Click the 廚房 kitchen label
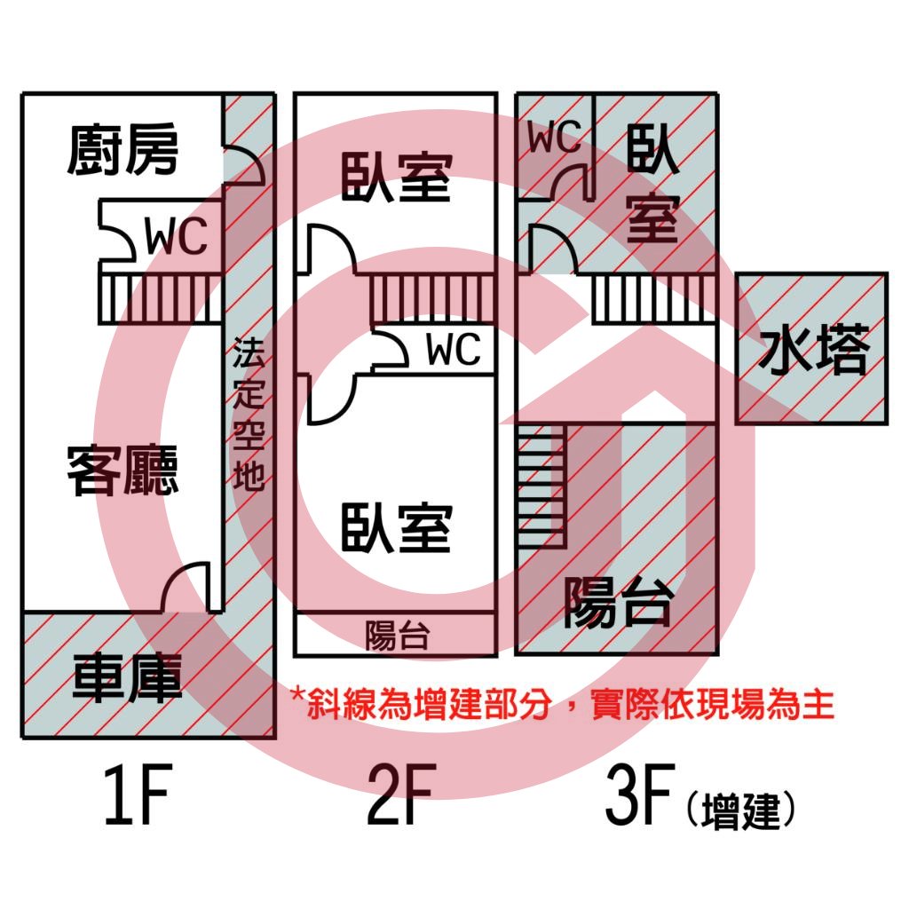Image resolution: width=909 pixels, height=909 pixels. (x=123, y=149)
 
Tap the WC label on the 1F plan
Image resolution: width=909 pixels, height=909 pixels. (x=176, y=236)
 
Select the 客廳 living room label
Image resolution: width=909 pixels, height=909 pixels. (x=123, y=470)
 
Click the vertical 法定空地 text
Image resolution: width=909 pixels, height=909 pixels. (x=249, y=414)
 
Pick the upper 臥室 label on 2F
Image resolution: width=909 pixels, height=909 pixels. (x=397, y=178)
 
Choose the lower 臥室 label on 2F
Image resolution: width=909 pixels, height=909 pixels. (x=397, y=527)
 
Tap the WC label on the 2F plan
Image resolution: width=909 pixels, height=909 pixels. (x=454, y=349)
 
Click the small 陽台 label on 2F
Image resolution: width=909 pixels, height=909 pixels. (x=398, y=636)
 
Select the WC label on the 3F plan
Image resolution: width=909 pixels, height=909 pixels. (x=554, y=137)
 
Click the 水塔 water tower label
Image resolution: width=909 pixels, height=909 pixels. (x=814, y=348)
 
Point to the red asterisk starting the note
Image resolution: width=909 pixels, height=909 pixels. (x=298, y=694)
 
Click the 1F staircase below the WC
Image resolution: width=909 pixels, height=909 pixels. (x=161, y=298)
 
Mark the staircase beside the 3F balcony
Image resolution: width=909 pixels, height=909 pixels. (x=541, y=486)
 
